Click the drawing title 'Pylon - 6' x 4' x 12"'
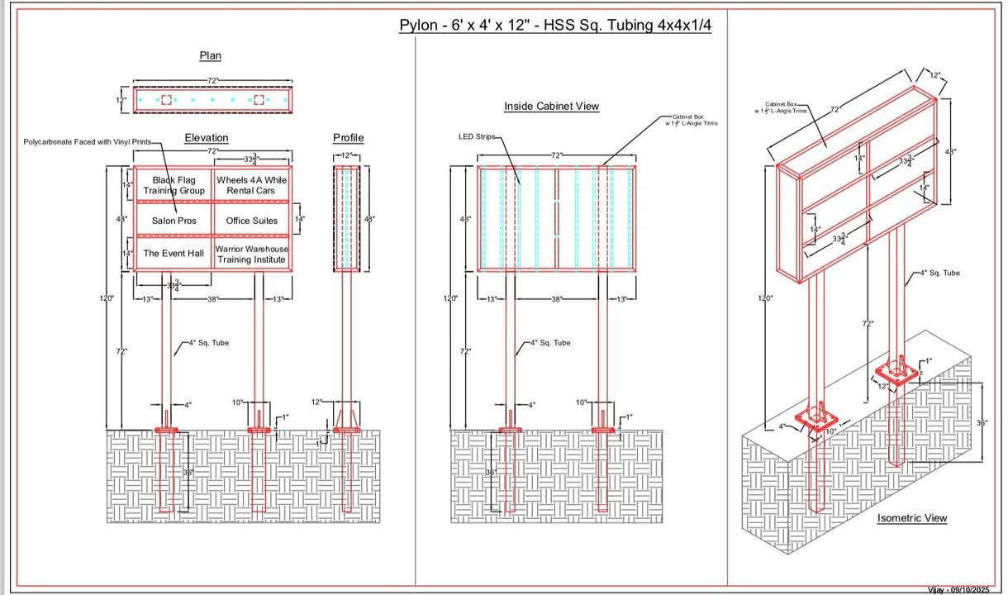[x=555, y=25]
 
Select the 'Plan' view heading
[x=210, y=56]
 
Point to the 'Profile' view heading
[x=348, y=138]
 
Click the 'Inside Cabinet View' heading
[x=551, y=107]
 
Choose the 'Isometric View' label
[x=911, y=518]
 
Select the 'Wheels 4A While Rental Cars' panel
[x=252, y=185]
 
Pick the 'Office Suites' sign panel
[x=252, y=221]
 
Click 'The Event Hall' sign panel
[x=174, y=254]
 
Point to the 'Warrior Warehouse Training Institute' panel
[x=252, y=254]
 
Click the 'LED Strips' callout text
[x=475, y=136]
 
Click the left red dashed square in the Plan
[x=166, y=100]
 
